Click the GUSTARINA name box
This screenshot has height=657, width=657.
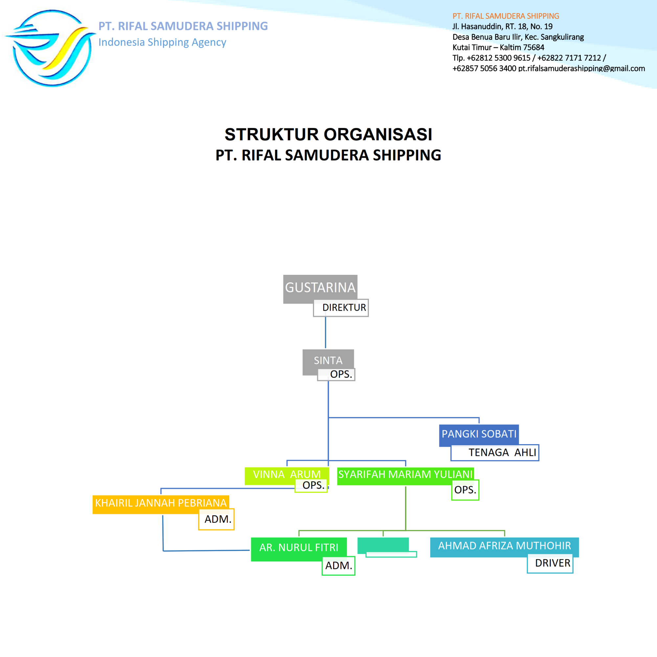[x=320, y=288]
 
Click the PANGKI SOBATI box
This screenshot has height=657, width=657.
[x=479, y=434]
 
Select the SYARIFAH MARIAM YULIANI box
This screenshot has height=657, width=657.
[x=405, y=474]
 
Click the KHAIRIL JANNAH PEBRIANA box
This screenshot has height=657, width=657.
[x=161, y=503]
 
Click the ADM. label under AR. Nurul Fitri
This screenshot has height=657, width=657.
[x=339, y=565]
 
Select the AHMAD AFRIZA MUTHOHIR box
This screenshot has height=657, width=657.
[x=504, y=545]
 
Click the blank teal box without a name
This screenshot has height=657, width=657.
[x=383, y=545]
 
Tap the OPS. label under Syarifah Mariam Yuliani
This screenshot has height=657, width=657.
[x=465, y=490]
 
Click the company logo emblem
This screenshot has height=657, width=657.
[x=51, y=48]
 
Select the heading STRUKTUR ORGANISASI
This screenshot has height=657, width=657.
[x=328, y=134]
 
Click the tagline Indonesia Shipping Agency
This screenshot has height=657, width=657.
[x=162, y=42]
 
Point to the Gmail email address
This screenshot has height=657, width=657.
[x=581, y=68]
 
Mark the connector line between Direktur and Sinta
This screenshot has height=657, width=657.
[x=326, y=332]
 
